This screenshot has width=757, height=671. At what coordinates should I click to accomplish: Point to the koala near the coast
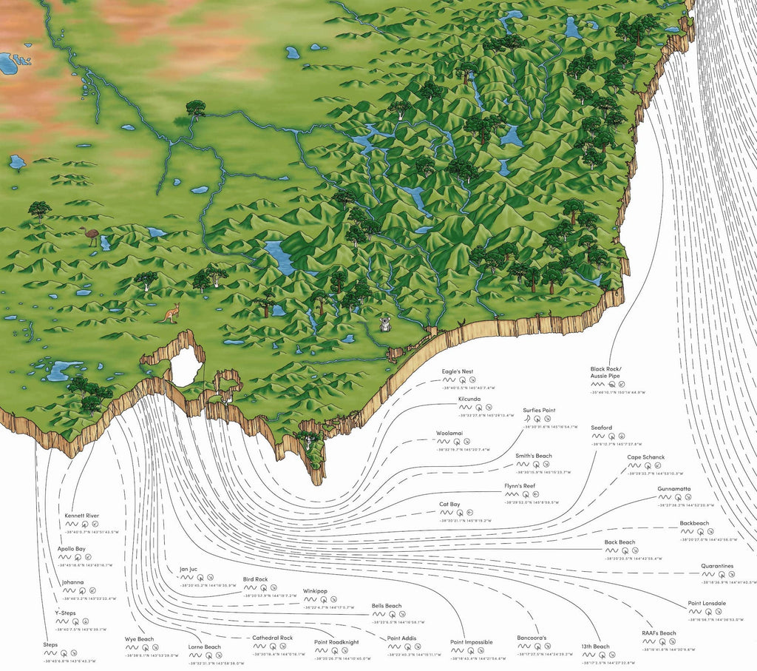click(x=385, y=323)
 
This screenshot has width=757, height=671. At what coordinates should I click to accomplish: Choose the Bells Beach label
click(x=387, y=606)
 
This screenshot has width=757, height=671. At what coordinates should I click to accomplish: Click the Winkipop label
click(x=315, y=592)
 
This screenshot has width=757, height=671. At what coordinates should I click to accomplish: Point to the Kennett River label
click(x=81, y=516)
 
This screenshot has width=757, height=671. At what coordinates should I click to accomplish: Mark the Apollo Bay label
click(x=77, y=549)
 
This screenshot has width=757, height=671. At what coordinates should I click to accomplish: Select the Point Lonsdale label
click(x=707, y=604)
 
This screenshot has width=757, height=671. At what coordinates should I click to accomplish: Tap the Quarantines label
click(x=717, y=567)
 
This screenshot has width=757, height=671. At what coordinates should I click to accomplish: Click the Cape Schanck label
click(x=646, y=458)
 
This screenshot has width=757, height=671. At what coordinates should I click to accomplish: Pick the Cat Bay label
click(x=449, y=505)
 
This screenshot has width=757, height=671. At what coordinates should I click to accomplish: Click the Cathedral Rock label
click(x=273, y=638)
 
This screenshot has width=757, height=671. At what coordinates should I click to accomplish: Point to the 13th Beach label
click(x=595, y=647)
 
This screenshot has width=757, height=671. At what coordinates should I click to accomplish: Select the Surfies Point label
click(x=539, y=411)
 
